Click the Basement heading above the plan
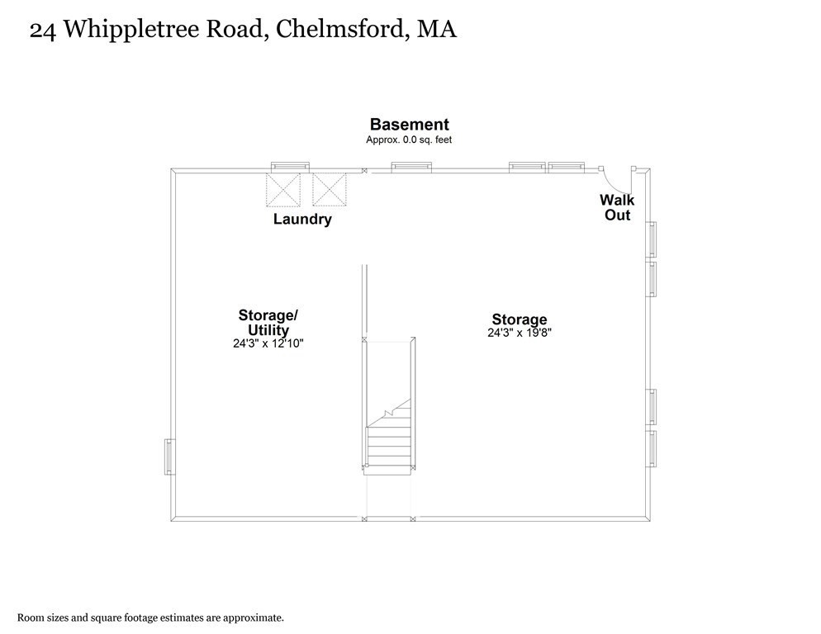pyautogui.click(x=410, y=125)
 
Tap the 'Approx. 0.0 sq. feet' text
pyautogui.click(x=409, y=140)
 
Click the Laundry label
pyautogui.click(x=302, y=219)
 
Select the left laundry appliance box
pyautogui.click(x=283, y=190)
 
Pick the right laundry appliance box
pyautogui.click(x=330, y=190)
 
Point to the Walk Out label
pyautogui.click(x=617, y=207)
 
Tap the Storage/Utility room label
pyautogui.click(x=268, y=323)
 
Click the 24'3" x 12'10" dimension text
pyautogui.click(x=268, y=344)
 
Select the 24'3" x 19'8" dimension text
pyautogui.click(x=520, y=333)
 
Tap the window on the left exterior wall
pyautogui.click(x=168, y=457)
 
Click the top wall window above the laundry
pyautogui.click(x=290, y=167)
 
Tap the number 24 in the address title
pyautogui.click(x=43, y=31)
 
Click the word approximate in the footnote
pyautogui.click(x=253, y=618)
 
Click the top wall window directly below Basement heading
pyautogui.click(x=411, y=167)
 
